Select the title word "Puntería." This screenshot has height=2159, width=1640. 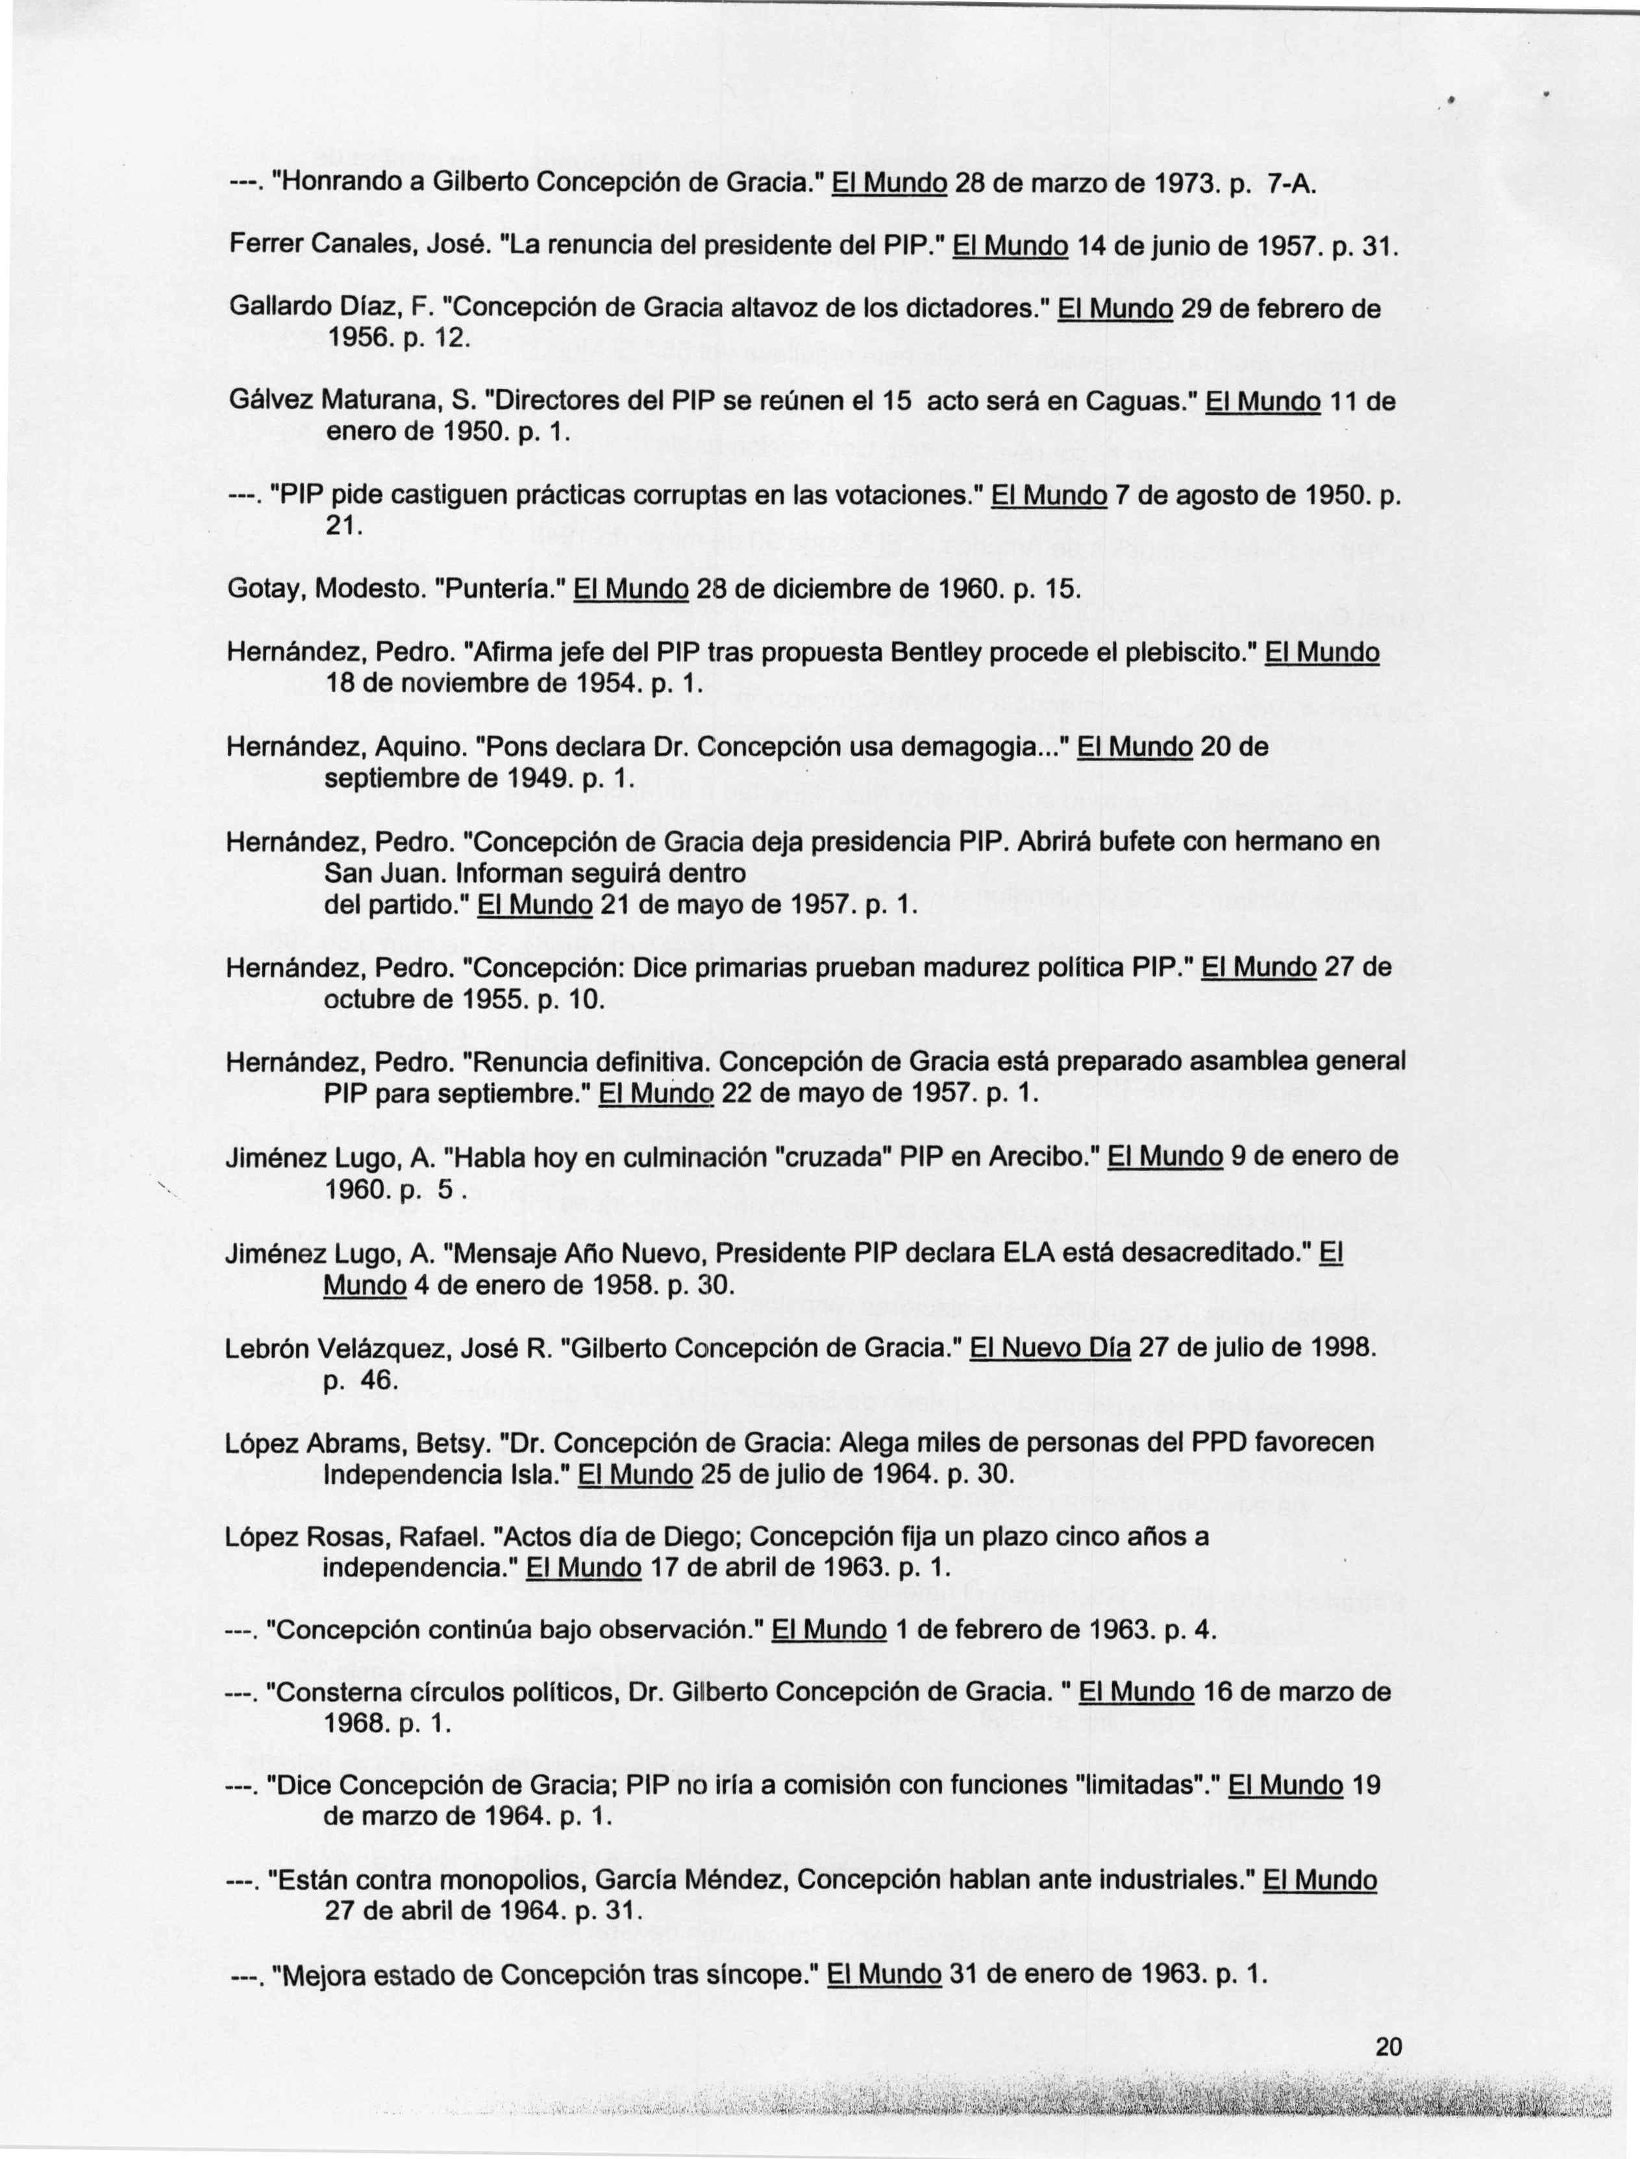(x=499, y=590)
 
